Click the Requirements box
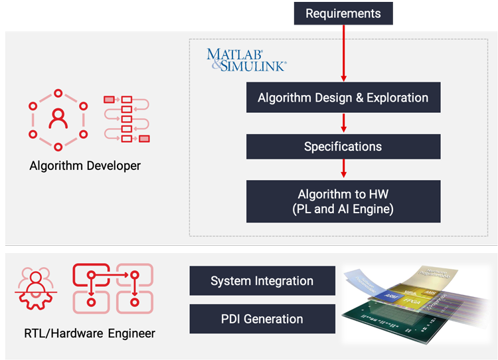point(343,13)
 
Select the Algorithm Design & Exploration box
point(343,98)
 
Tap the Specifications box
point(343,147)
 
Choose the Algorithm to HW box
point(343,201)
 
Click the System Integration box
point(262,281)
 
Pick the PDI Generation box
point(262,319)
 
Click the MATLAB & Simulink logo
point(246,60)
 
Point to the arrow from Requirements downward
point(344,53)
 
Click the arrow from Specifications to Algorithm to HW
point(344,169)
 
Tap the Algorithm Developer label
point(85,166)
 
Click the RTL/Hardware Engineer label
point(85,333)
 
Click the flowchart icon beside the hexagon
point(126,119)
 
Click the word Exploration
point(396,98)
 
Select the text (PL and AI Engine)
point(343,210)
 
